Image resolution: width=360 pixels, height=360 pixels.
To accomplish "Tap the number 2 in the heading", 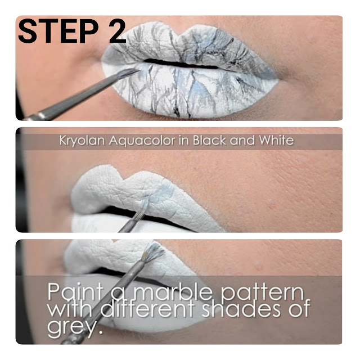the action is pyautogui.click(x=118, y=31).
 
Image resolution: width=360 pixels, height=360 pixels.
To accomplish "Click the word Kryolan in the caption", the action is pyautogui.click(x=82, y=141).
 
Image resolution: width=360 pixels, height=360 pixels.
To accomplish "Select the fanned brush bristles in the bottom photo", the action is pyautogui.click(x=153, y=253).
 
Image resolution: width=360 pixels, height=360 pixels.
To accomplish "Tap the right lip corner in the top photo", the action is pyautogui.click(x=278, y=77).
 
